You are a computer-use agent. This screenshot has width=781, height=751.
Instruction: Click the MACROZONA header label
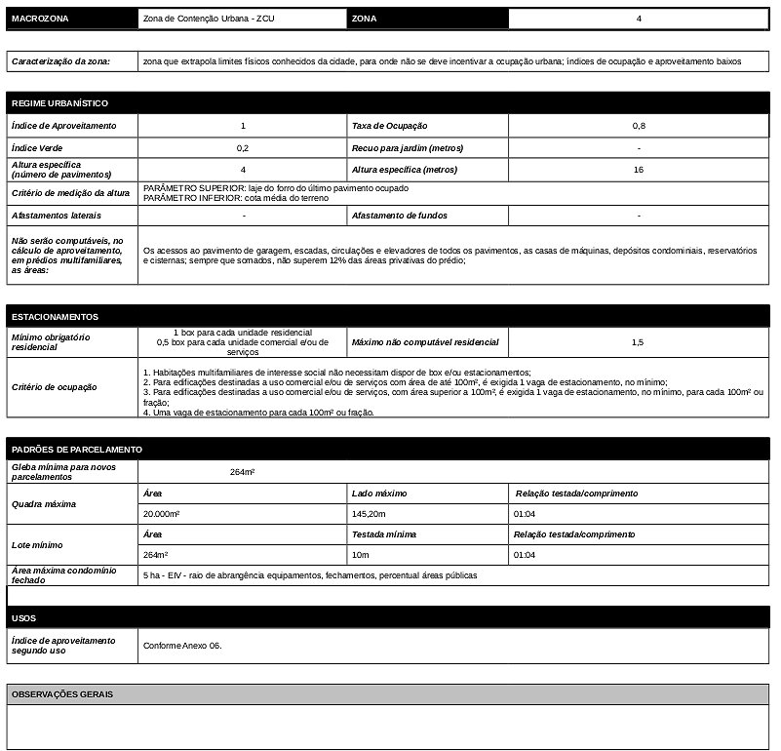pos(39,20)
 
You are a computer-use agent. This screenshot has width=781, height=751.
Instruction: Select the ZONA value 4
pos(639,19)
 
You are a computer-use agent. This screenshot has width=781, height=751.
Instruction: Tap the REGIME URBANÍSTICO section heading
pos(59,103)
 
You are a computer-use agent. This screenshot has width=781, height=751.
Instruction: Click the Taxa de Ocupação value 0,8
pos(639,126)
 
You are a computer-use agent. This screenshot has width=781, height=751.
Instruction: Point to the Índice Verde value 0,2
pos(243,148)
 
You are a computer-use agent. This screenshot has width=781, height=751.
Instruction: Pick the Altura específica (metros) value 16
pos(639,170)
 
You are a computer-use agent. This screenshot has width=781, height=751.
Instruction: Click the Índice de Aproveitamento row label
pos(63,126)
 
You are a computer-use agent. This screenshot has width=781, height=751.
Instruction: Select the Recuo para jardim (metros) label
pos(408,148)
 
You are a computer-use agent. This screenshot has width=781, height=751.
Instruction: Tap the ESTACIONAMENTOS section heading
pos(56,317)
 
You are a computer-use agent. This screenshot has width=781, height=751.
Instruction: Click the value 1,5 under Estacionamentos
pos(638,342)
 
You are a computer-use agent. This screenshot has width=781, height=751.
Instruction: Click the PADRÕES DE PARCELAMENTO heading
pos(77,450)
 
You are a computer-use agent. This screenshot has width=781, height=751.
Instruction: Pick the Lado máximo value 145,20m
pos(370,513)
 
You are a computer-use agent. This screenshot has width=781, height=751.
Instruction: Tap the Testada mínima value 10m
pos(360,554)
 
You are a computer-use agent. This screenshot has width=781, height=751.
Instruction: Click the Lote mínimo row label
pos(38,544)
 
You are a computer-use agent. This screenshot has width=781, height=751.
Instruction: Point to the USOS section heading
pos(24,618)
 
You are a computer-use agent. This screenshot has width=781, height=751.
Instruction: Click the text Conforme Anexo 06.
pos(182,646)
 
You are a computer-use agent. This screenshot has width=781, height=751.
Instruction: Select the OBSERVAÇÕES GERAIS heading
pos(62,694)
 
